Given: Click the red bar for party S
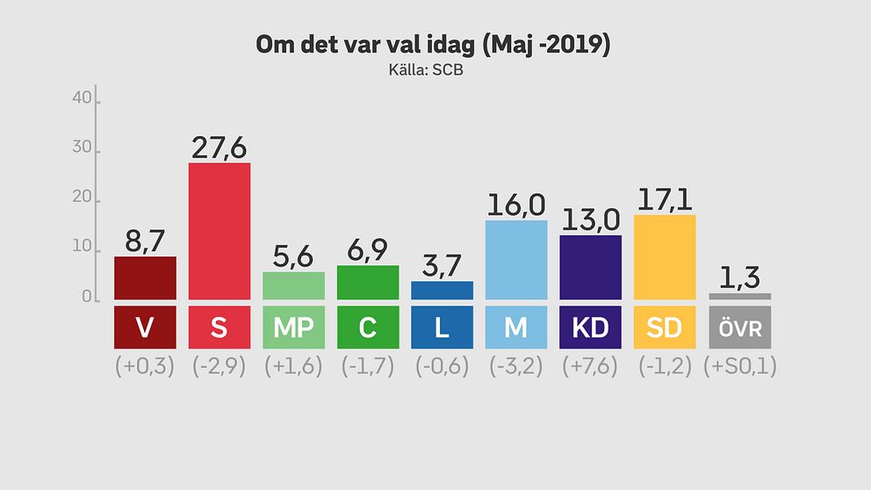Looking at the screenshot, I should tap(220, 230).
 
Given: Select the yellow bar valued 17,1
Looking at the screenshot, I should tap(665, 256).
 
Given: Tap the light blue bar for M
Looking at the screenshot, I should tap(516, 259).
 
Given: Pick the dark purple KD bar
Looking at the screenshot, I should tap(590, 266).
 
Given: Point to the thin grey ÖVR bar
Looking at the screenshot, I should tap(739, 296).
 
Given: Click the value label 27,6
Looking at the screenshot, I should tap(220, 148).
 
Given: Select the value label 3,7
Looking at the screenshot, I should tap(442, 265).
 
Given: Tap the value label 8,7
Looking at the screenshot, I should tap(145, 241).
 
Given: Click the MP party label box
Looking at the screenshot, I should tap(293, 328).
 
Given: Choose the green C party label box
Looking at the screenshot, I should tap(368, 328).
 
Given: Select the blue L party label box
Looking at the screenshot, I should tap(442, 328).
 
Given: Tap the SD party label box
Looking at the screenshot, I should tap(665, 328).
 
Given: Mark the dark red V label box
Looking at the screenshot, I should tap(145, 328).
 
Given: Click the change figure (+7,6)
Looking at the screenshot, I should tap(590, 366).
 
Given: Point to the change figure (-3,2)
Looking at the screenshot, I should tap(516, 366).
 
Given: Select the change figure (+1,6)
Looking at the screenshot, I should tap(293, 366).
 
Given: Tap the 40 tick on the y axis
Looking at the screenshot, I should tap(83, 99).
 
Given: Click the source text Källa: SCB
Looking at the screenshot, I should tap(426, 70).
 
